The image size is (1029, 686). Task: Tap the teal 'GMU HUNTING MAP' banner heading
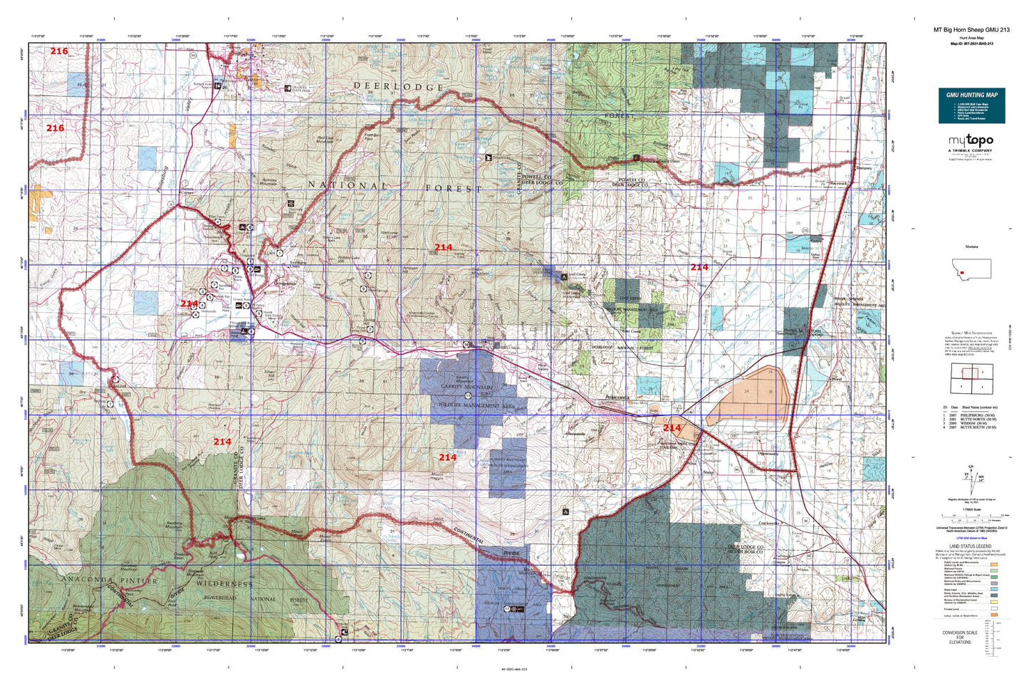pyautogui.click(x=971, y=95)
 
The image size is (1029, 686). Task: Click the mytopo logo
pyautogui.click(x=970, y=141)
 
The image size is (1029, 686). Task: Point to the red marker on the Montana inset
pyautogui.click(x=963, y=261)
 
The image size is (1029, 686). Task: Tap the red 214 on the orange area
pyautogui.click(x=672, y=428)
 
